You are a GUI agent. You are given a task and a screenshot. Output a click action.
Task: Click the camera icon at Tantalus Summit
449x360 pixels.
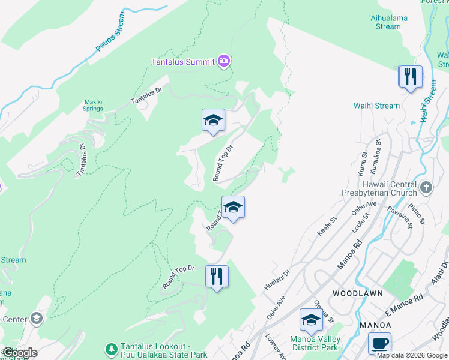(x=224, y=61)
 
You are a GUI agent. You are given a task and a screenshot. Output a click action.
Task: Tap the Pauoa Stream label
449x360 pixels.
(x=112, y=37)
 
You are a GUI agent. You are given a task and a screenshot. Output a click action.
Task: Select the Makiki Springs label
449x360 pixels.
(x=93, y=105)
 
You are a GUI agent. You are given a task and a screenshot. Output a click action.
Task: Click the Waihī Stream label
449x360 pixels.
(x=376, y=106)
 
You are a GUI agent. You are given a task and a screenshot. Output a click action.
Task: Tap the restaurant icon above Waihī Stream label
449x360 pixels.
(x=410, y=77)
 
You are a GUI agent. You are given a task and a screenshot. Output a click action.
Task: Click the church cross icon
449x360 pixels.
(x=426, y=187)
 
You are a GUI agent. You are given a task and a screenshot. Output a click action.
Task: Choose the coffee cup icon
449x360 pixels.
(x=379, y=343)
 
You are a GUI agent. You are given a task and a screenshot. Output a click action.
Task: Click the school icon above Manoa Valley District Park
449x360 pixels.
(x=310, y=320)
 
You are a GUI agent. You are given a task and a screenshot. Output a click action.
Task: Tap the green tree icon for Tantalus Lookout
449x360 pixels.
(x=111, y=349)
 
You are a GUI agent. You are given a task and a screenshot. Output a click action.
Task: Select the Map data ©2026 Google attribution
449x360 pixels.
(x=411, y=355)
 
